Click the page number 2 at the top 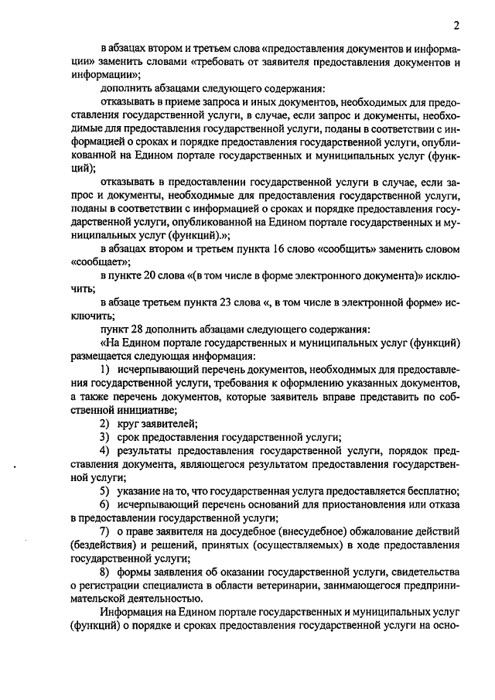point(456,25)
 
